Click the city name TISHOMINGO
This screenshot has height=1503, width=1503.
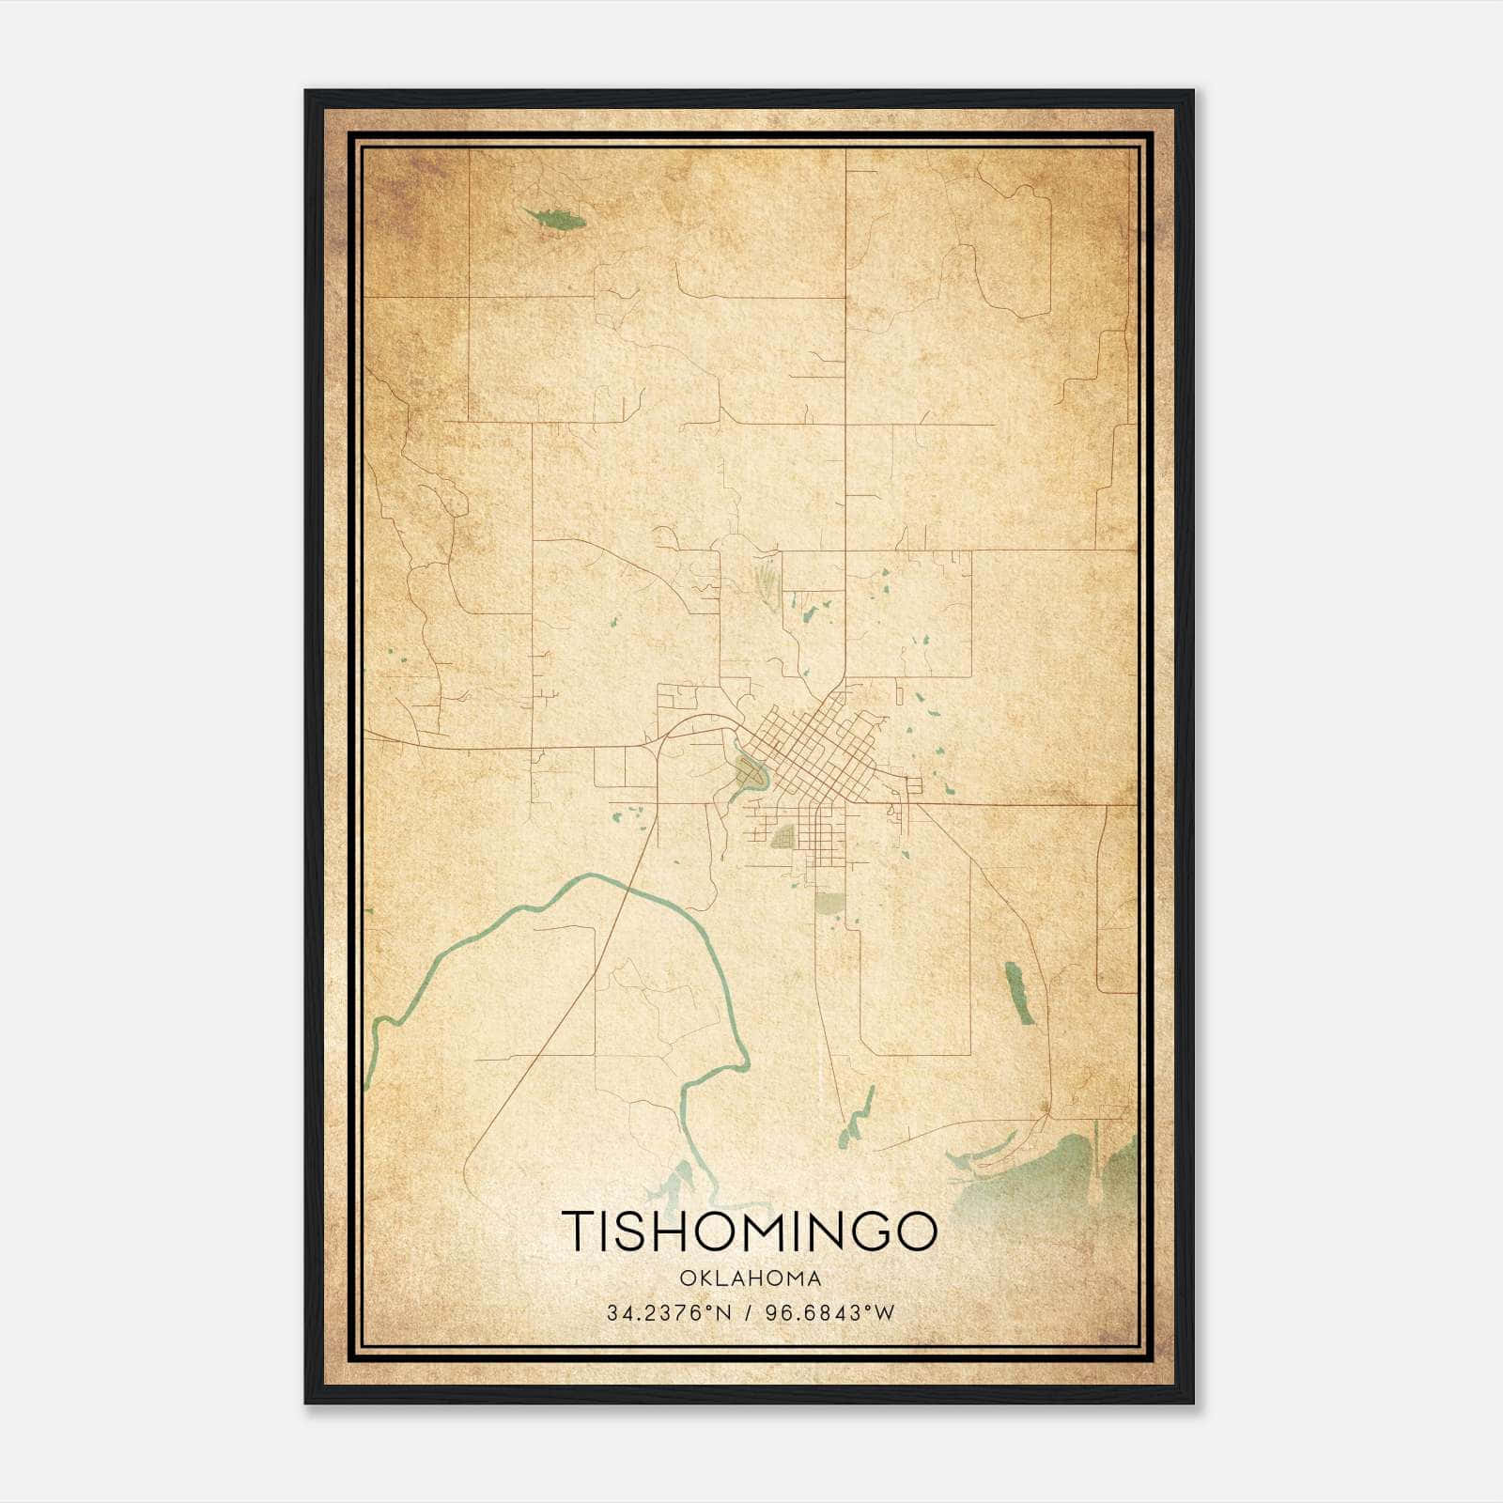(x=750, y=1232)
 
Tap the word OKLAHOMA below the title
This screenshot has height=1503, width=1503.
(x=750, y=1278)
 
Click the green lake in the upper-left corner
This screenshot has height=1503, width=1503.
(x=554, y=220)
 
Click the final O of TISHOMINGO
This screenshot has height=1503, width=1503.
(x=914, y=1232)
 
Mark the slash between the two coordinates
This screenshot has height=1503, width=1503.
(x=748, y=1312)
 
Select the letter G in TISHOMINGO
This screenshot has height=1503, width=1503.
(x=863, y=1232)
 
